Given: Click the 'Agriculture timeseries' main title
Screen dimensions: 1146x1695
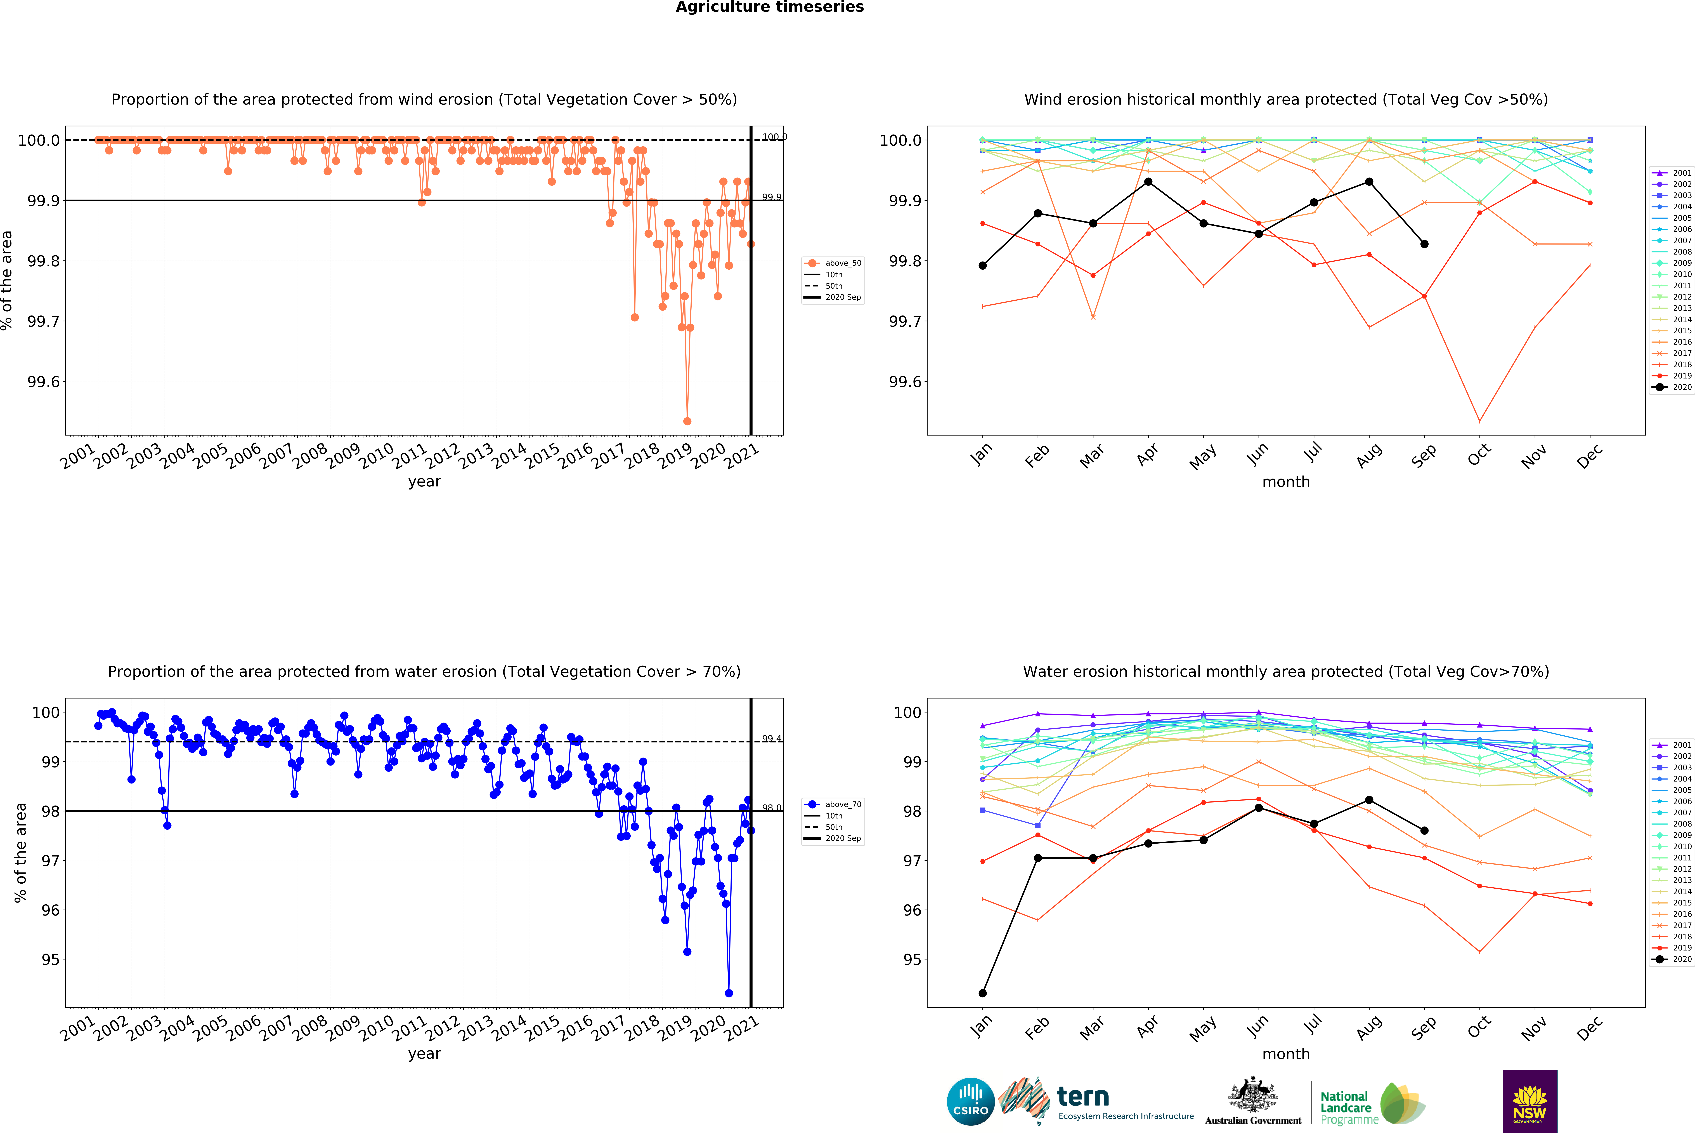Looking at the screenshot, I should point(769,7).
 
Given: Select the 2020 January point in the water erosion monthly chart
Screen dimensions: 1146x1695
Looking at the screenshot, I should point(982,993).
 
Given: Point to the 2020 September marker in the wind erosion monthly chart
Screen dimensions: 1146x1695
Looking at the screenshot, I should point(1424,244).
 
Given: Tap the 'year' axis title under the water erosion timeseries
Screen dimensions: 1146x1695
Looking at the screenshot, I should point(424,1053).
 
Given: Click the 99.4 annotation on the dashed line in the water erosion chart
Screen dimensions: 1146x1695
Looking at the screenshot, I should point(772,739).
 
